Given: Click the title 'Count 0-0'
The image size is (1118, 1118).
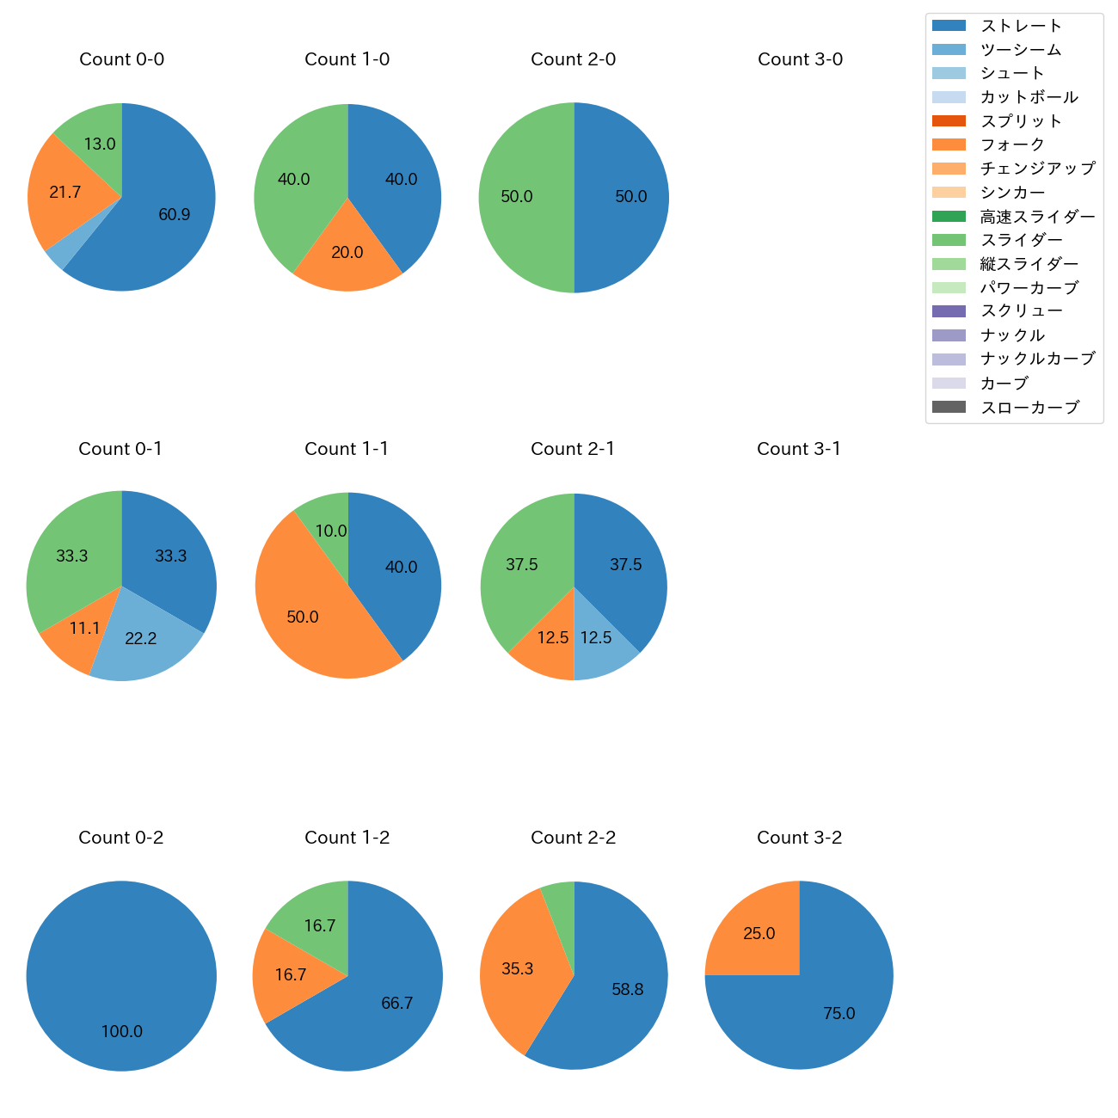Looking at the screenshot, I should (x=121, y=59).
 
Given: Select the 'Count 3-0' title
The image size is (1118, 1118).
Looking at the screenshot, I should (x=800, y=59).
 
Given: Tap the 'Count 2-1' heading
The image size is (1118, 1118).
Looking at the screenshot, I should (x=573, y=449).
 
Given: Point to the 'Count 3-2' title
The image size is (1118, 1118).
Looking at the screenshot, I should (x=799, y=838).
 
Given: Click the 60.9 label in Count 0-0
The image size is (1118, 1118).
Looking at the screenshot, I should (x=175, y=214).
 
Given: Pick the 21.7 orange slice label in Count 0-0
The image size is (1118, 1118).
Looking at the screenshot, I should (x=65, y=193).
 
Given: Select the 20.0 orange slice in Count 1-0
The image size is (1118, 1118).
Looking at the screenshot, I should (x=347, y=253).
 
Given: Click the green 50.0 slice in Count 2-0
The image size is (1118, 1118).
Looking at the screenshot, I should (x=517, y=197).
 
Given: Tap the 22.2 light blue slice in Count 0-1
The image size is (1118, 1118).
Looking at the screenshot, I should (x=141, y=638).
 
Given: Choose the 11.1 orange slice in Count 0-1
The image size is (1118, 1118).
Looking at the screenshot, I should (x=84, y=629).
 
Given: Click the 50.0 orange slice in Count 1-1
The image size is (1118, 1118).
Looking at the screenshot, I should (x=303, y=617).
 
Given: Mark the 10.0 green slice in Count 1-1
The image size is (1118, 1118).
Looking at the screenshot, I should (x=331, y=531).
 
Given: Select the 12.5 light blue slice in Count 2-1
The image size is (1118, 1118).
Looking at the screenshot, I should (x=596, y=638).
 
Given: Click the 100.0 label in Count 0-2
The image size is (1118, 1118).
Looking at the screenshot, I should (x=122, y=1032).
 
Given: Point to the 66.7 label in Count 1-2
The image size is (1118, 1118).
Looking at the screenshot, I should (x=397, y=1004).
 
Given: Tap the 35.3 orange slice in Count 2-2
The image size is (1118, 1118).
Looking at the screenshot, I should (x=518, y=969).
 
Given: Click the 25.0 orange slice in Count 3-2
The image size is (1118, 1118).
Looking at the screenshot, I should (x=759, y=934).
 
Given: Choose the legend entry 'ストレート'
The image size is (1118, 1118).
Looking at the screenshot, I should (x=1021, y=26).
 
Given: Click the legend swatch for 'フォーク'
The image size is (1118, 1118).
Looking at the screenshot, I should (x=949, y=144).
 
